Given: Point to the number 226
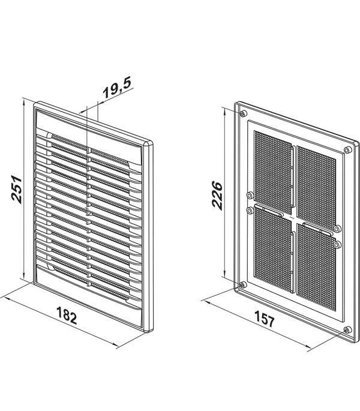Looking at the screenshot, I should tap(217, 193).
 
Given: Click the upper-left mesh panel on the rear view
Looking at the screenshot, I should tap(271, 168).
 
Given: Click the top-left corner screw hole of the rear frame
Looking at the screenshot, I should tap(242, 114).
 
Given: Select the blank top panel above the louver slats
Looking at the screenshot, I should tap(90, 128).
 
